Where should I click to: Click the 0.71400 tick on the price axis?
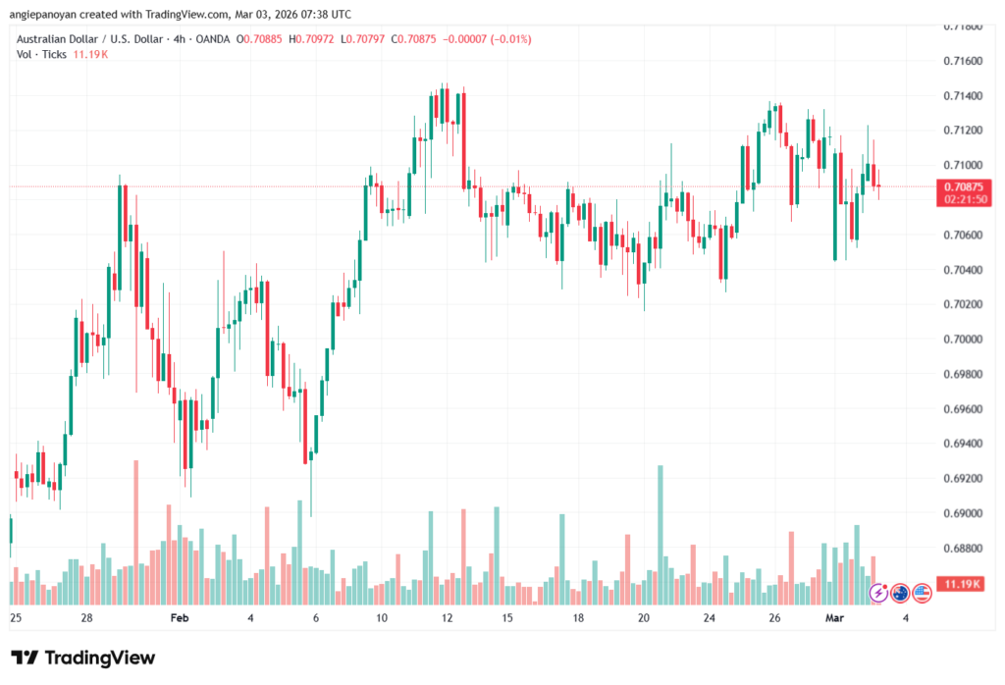point(962,96)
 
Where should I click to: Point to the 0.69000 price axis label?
point(962,513)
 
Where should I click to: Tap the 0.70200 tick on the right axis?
point(962,304)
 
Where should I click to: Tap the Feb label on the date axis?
point(179,618)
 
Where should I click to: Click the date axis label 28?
point(86,618)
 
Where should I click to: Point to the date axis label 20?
point(644,618)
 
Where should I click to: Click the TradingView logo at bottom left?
point(83,658)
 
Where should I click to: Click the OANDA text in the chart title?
point(213,39)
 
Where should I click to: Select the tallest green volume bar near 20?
point(661,536)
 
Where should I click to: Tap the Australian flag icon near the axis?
point(900,593)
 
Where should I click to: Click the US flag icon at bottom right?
point(921,593)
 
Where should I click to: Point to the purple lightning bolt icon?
point(878,593)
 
